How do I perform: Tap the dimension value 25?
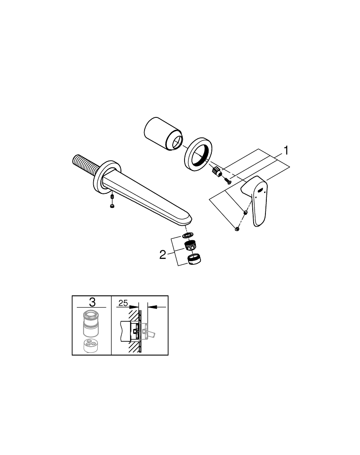tap(122, 302)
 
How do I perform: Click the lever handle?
tap(257, 200)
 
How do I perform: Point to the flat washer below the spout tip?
tap(185, 236)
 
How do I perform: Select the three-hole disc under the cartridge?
tap(92, 346)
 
